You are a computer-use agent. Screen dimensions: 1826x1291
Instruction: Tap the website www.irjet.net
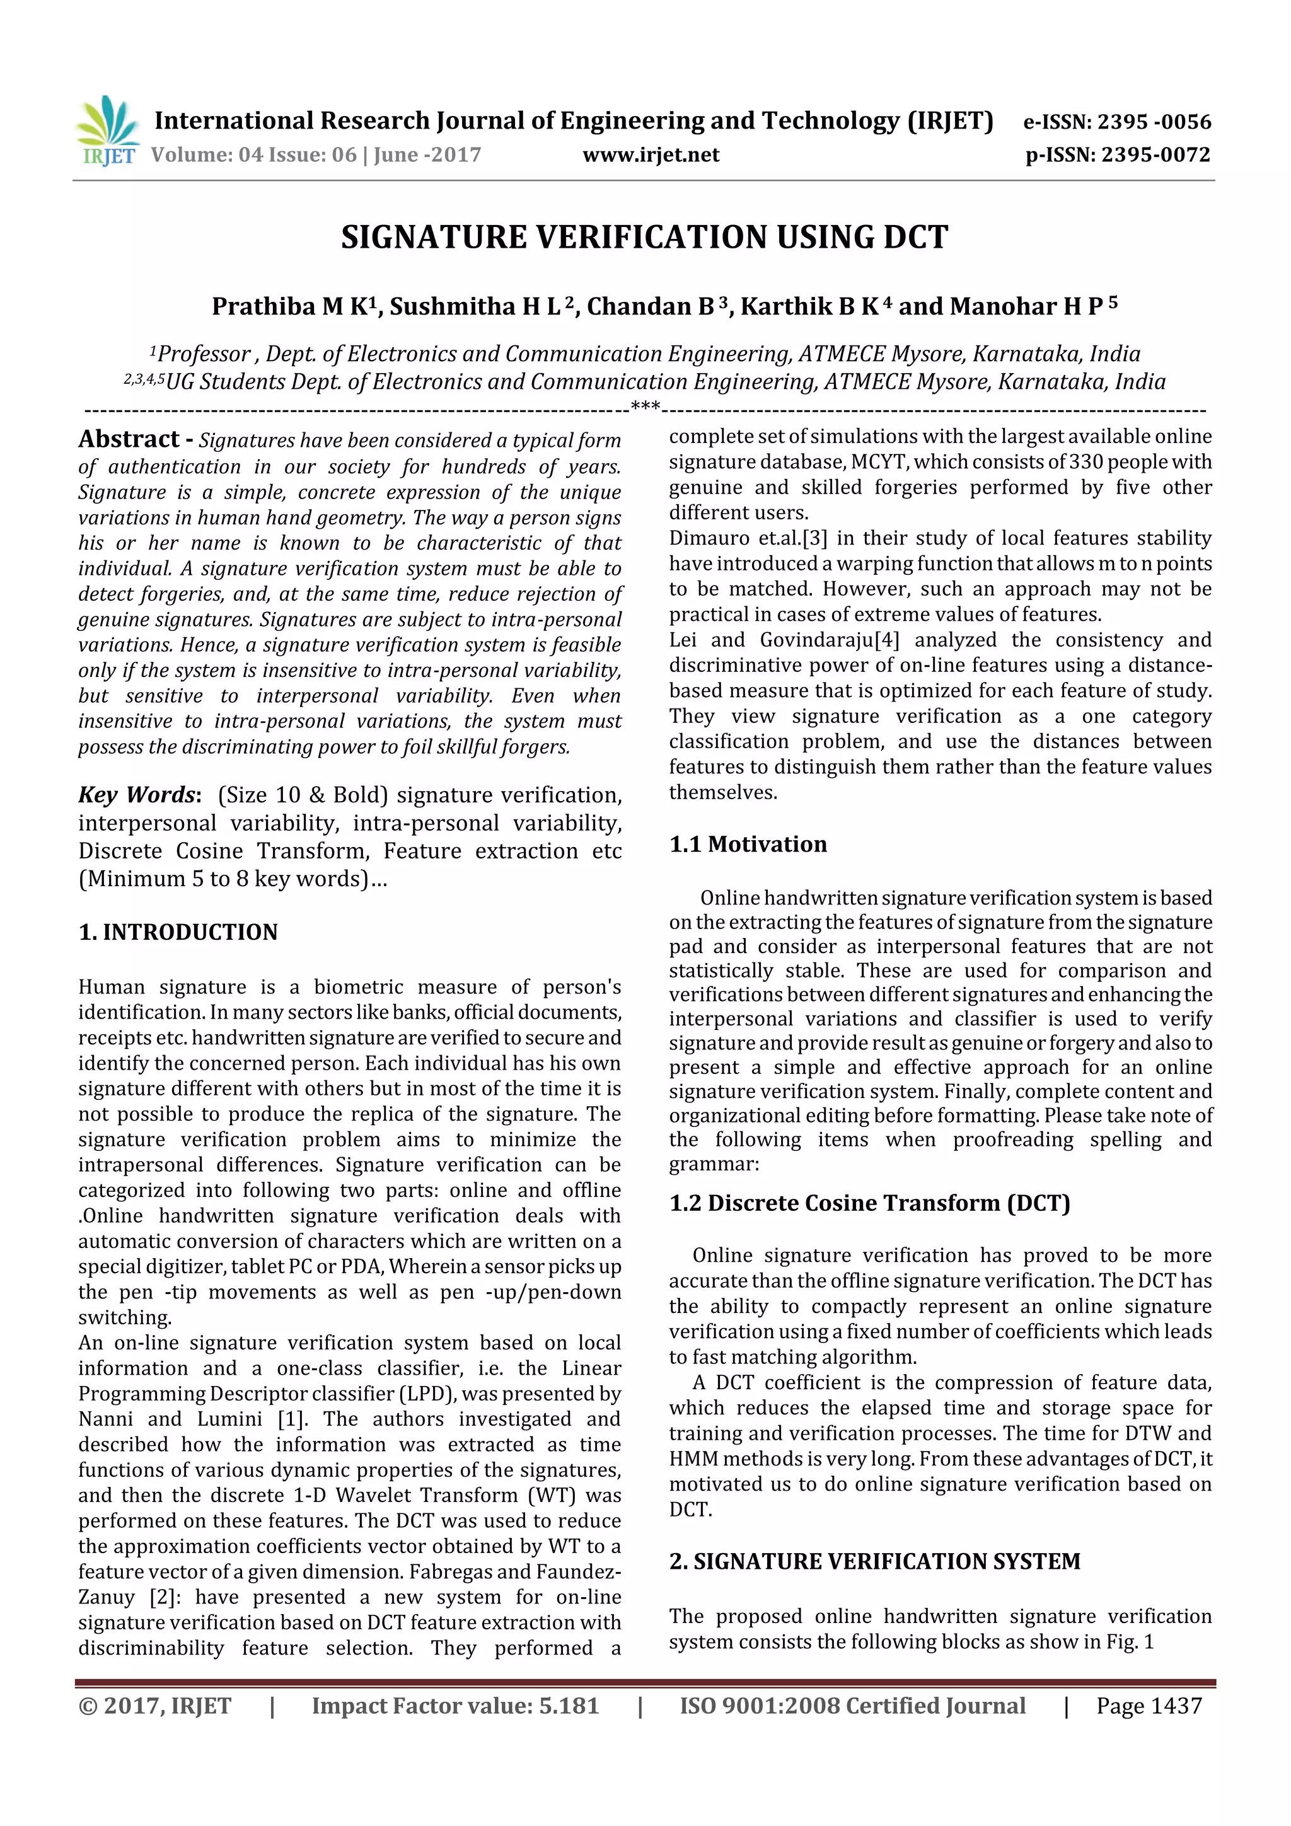point(651,154)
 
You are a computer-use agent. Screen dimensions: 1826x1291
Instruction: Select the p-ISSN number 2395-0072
point(1155,154)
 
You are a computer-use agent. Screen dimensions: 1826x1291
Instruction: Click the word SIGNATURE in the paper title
point(434,237)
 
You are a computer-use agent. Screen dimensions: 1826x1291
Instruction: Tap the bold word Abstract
point(129,439)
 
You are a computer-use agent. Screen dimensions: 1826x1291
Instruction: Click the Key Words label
point(137,794)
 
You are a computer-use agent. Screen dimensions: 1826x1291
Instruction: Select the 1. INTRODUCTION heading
point(178,932)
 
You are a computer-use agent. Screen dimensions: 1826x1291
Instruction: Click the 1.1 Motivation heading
point(748,844)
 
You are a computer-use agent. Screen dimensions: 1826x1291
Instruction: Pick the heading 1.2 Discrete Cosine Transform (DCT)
point(869,1203)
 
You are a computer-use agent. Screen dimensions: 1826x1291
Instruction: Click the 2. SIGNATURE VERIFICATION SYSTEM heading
point(875,1561)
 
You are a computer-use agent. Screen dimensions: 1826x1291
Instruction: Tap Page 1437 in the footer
point(1149,1706)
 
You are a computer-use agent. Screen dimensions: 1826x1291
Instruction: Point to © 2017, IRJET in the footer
point(155,1706)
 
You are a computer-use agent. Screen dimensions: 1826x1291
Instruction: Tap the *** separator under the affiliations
point(645,407)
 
